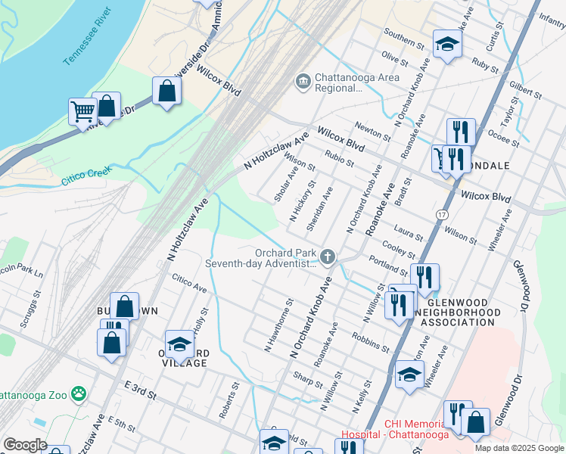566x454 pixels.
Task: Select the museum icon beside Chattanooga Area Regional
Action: [x=303, y=81]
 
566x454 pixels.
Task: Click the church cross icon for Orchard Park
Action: [x=328, y=258]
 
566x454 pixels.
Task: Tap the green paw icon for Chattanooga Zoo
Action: [x=78, y=393]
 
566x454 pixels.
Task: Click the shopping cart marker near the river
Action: [x=82, y=111]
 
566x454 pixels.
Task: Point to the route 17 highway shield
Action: [x=440, y=215]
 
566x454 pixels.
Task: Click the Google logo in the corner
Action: [x=24, y=445]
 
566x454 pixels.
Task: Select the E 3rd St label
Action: [x=141, y=394]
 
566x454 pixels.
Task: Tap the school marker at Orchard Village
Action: [x=179, y=344]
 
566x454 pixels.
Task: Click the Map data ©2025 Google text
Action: [x=518, y=447]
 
